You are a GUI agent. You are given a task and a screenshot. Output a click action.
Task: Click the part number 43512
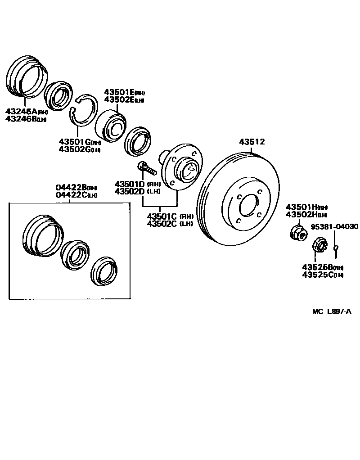coord(252,142)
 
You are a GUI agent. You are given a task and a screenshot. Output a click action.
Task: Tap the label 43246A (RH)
coord(26,112)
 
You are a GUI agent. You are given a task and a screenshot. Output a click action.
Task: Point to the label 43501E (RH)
coord(124,92)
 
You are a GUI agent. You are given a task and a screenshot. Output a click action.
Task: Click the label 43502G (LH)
coord(79,149)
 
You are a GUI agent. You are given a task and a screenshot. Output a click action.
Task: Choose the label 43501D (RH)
coord(138,184)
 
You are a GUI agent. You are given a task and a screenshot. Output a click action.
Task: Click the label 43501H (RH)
coord(306,207)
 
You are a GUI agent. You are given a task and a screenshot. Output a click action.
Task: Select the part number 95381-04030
coord(335,227)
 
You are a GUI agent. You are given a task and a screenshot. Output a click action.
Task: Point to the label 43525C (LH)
coord(322,275)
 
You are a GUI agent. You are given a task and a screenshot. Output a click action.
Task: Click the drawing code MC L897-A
coord(331,311)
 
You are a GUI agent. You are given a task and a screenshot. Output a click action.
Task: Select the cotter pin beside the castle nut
coord(336,248)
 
